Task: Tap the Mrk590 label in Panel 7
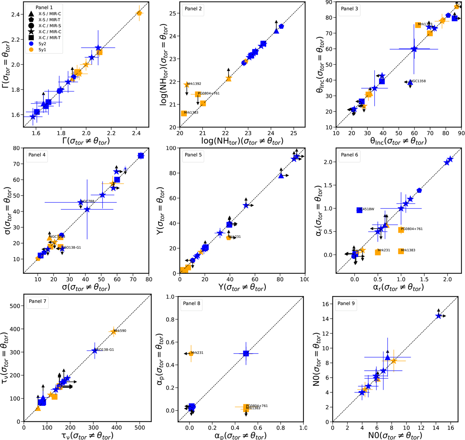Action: pos(120,331)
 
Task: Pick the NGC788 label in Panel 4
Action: pos(88,201)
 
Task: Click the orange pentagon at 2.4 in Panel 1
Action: pos(139,13)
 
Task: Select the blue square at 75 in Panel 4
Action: pos(141,156)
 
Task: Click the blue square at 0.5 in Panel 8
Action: pos(246,354)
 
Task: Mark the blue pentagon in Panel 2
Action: pos(281,26)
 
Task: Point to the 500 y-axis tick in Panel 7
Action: pos(16,306)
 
